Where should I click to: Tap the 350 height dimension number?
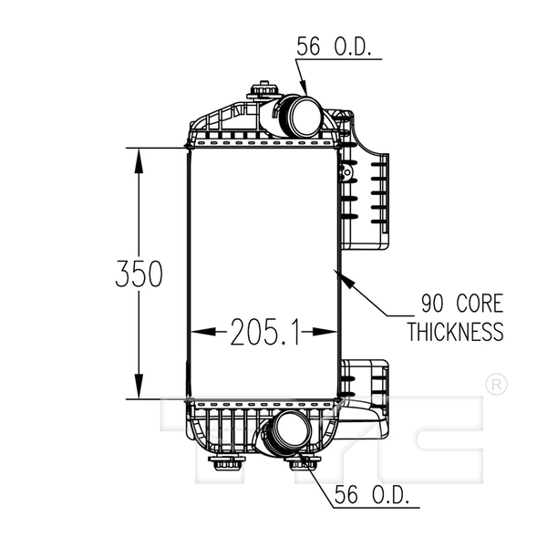[139, 273]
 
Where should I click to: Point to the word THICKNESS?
[454, 331]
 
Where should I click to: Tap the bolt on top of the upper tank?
[263, 93]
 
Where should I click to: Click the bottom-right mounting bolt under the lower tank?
[300, 467]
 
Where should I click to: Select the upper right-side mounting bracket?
[369, 199]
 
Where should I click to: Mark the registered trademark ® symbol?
[495, 384]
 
